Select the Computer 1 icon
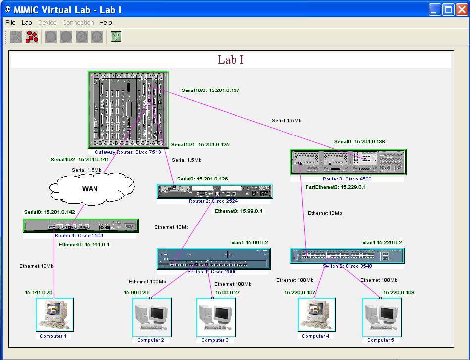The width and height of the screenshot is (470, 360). click(x=54, y=315)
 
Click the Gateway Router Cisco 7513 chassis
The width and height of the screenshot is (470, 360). click(x=128, y=110)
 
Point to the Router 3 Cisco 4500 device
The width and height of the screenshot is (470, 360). click(x=348, y=162)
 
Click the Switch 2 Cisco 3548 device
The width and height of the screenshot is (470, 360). click(x=347, y=256)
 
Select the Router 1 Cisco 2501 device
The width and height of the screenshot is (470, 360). click(x=81, y=225)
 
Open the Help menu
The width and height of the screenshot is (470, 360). click(x=105, y=22)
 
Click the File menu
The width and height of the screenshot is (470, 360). click(x=10, y=22)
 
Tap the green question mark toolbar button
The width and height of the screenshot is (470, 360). click(x=116, y=36)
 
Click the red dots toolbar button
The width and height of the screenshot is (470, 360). click(x=32, y=36)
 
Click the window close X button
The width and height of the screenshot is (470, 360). click(x=462, y=9)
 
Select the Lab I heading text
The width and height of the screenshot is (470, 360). click(x=231, y=60)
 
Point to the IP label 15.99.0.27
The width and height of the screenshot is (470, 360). click(x=227, y=292)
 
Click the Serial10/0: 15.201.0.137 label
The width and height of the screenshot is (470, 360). click(x=210, y=90)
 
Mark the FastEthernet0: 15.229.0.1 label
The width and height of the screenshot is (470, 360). click(x=335, y=187)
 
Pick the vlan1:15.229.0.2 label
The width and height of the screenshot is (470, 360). click(x=382, y=243)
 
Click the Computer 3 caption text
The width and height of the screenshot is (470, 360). click(x=215, y=340)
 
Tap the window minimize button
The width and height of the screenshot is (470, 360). click(x=435, y=9)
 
